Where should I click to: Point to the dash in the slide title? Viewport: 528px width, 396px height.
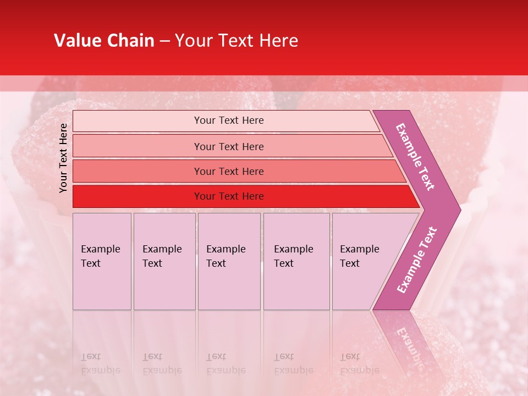pyautogui.click(x=164, y=41)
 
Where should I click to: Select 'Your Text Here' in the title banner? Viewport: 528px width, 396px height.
pyautogui.click(x=237, y=41)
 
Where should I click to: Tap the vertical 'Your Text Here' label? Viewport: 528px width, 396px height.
pyautogui.click(x=63, y=158)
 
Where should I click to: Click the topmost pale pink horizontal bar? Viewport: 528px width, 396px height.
pyautogui.click(x=226, y=120)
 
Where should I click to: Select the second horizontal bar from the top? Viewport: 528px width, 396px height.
pyautogui.click(x=231, y=146)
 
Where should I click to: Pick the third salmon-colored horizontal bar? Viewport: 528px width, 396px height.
pyautogui.click(x=237, y=171)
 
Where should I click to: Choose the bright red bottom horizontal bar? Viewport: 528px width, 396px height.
pyautogui.click(x=242, y=196)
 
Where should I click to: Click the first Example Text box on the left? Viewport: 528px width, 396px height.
pyautogui.click(x=102, y=261)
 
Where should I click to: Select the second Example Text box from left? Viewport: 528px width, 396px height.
pyautogui.click(x=164, y=261)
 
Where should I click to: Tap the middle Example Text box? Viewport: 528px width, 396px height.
pyautogui.click(x=229, y=261)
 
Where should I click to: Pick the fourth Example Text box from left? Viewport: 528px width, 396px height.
pyautogui.click(x=296, y=261)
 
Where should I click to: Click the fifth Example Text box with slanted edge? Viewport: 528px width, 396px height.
pyautogui.click(x=363, y=261)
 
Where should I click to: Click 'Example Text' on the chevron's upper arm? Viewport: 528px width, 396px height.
pyautogui.click(x=416, y=157)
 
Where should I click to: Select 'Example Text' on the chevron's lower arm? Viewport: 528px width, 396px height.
pyautogui.click(x=417, y=260)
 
